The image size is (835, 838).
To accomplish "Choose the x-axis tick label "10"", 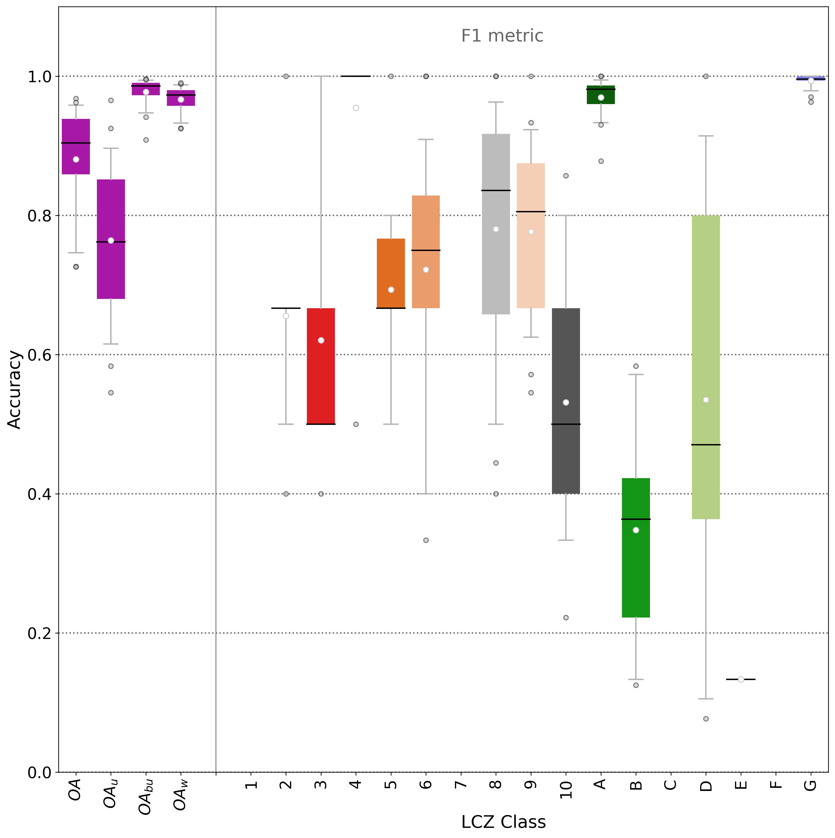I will click(566, 789).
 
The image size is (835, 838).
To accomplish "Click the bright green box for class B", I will click(636, 547).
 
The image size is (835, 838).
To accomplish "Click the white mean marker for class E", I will click(741, 679).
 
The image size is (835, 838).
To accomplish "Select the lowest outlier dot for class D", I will click(706, 719).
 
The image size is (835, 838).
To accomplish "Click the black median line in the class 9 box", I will click(531, 212).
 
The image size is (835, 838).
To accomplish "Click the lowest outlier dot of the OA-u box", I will click(111, 393).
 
